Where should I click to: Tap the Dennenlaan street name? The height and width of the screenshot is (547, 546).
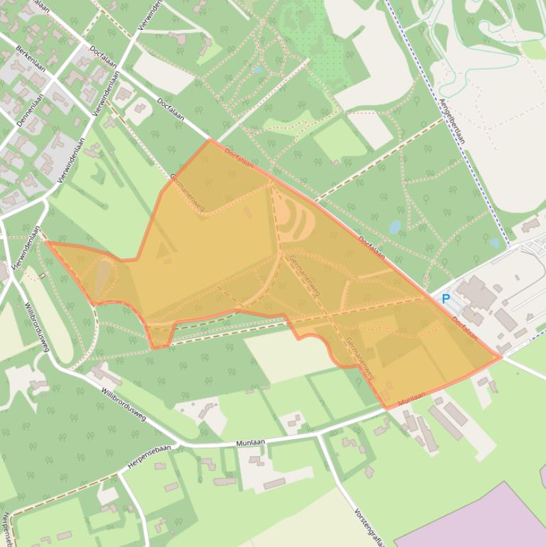click(x=31, y=109)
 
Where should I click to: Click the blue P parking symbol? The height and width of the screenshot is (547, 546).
click(x=446, y=299)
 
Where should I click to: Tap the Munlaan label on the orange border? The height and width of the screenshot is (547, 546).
click(x=412, y=399)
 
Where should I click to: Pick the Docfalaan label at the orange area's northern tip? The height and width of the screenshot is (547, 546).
click(x=239, y=158)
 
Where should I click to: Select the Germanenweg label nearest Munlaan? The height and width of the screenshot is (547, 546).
click(x=360, y=358)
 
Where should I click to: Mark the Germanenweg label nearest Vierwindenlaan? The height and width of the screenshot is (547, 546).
click(x=187, y=188)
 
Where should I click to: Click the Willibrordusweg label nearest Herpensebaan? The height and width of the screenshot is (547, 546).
click(x=124, y=405)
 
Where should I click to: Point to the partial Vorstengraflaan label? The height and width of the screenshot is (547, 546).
click(x=368, y=526)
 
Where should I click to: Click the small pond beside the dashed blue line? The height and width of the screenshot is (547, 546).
click(x=495, y=242)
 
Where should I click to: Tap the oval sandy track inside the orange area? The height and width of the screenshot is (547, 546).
click(x=294, y=220)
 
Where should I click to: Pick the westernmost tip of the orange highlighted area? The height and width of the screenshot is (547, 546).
click(x=46, y=242)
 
